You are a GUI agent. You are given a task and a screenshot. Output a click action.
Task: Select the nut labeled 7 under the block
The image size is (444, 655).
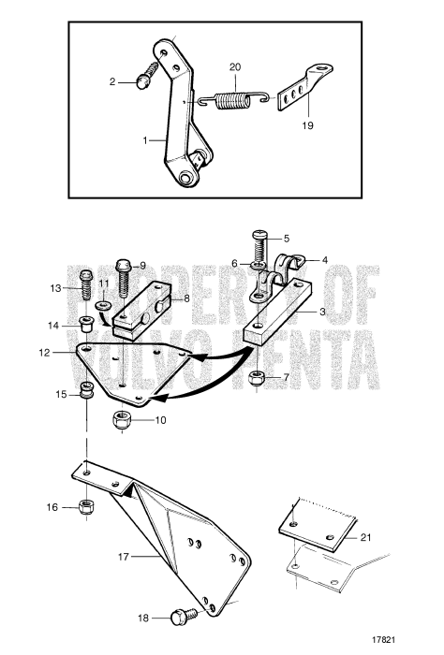[x=257, y=378]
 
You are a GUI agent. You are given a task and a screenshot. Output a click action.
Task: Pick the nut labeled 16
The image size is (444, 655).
[x=86, y=506]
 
